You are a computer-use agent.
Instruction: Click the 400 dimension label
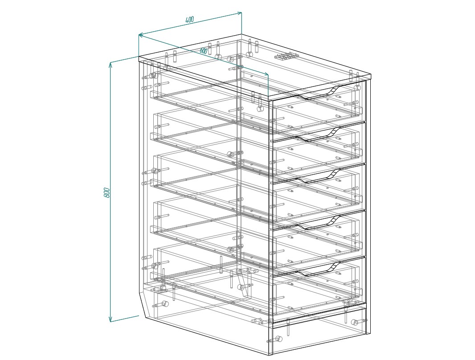tap(189, 20)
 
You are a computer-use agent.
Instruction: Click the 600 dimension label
tap(204, 50)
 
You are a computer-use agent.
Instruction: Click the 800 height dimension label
tap(106, 192)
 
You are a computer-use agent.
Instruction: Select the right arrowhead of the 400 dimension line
tap(239, 13)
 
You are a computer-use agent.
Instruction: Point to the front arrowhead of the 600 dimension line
tap(266, 74)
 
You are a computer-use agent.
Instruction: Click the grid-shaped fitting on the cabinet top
tap(286, 57)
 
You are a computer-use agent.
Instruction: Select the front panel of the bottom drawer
tap(319, 288)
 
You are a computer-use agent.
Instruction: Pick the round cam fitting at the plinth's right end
tap(354, 322)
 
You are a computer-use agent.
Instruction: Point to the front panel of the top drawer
tap(319, 106)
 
